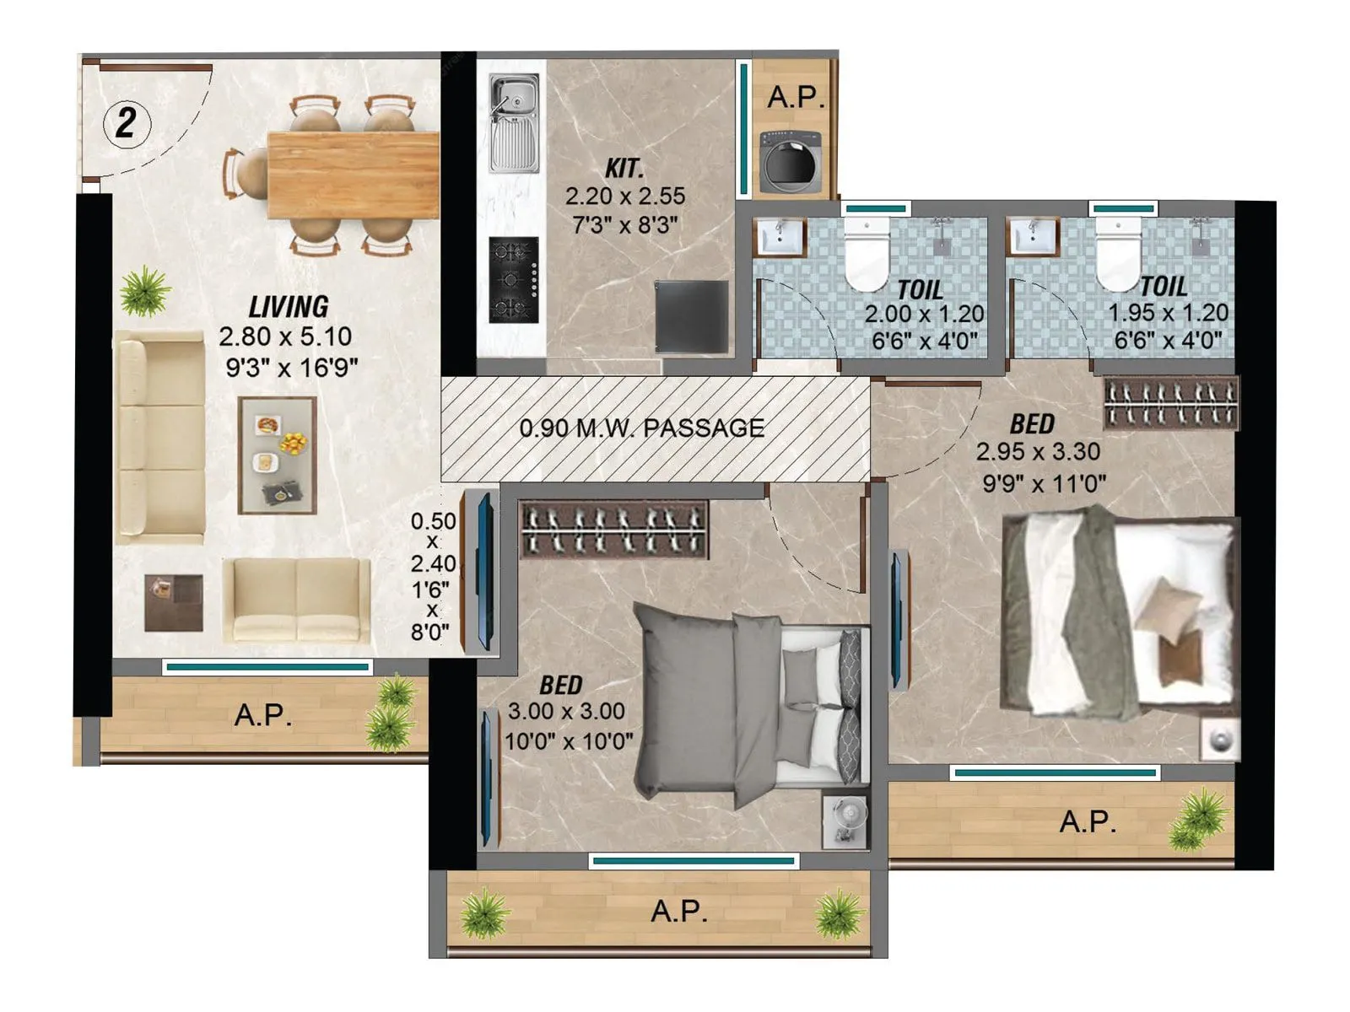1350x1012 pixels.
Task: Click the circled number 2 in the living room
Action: click(x=127, y=124)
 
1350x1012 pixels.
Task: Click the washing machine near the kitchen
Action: click(x=791, y=163)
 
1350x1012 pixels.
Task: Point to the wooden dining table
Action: click(x=353, y=175)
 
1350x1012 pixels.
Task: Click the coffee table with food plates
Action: click(x=278, y=455)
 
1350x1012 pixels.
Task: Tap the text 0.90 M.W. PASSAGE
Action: click(x=642, y=428)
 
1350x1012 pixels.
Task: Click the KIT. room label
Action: click(x=624, y=169)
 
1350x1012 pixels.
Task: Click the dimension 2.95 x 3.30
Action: click(x=1038, y=452)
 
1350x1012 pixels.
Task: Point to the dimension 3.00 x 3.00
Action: click(x=566, y=712)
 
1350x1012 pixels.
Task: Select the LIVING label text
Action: click(x=289, y=306)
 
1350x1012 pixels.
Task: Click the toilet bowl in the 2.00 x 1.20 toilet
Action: click(x=867, y=251)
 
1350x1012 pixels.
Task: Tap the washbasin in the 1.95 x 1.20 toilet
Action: click(x=1033, y=236)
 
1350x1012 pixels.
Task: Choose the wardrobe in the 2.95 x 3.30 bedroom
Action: click(x=1171, y=403)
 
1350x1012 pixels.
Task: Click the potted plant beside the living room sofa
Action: click(x=145, y=290)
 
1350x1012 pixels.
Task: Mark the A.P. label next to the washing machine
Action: click(x=796, y=97)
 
